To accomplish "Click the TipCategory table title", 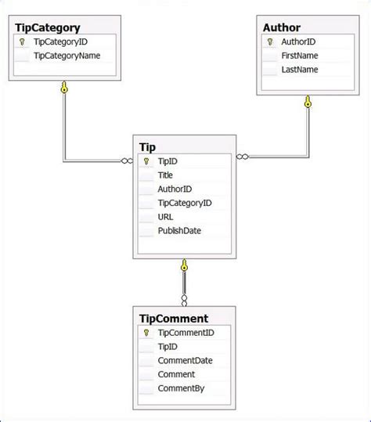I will pyautogui.click(x=47, y=27).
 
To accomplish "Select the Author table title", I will pyautogui.click(x=282, y=27).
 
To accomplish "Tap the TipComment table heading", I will pyautogui.click(x=174, y=319).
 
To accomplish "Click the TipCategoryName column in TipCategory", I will pyautogui.click(x=67, y=56).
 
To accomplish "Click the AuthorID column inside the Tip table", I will pyautogui.click(x=175, y=189).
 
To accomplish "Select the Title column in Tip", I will pyautogui.click(x=165, y=175).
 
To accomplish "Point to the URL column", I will pyautogui.click(x=166, y=217).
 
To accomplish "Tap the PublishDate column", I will pyautogui.click(x=179, y=231).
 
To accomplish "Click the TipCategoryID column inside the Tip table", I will pyautogui.click(x=185, y=203).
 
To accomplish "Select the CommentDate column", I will pyautogui.click(x=185, y=360).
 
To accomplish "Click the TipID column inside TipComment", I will pyautogui.click(x=167, y=346).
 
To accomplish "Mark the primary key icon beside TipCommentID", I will pyautogui.click(x=146, y=333).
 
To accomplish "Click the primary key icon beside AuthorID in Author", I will pyautogui.click(x=270, y=42).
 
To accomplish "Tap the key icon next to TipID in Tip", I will pyautogui.click(x=146, y=161).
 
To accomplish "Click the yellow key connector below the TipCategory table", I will pyautogui.click(x=65, y=88).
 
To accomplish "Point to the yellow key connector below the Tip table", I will pyautogui.click(x=184, y=265).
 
